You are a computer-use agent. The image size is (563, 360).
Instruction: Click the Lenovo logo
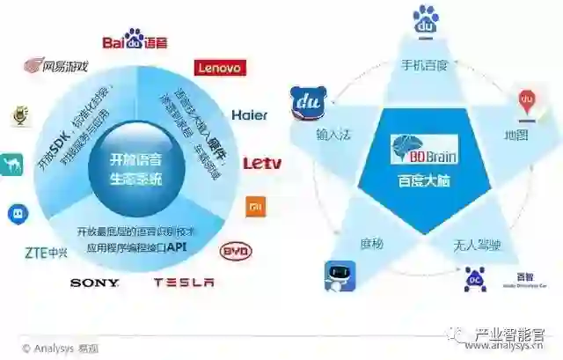[x=220, y=68]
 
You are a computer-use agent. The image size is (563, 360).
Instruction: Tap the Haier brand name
[x=250, y=114]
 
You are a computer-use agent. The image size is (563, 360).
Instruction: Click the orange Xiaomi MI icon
[x=253, y=208]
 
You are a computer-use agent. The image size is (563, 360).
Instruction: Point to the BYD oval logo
[x=236, y=252]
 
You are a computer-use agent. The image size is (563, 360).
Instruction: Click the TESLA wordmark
[x=184, y=283]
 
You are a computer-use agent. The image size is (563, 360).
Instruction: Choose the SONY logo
[x=94, y=283]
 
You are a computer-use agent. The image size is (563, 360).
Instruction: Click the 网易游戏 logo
[x=56, y=66]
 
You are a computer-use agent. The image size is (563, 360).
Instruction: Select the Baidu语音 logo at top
[x=135, y=40]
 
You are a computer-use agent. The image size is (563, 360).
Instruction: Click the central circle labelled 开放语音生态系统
[x=135, y=168]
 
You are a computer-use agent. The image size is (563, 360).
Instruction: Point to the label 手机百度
[x=425, y=65]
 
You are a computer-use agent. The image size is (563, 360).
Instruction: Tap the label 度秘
[x=371, y=243]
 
